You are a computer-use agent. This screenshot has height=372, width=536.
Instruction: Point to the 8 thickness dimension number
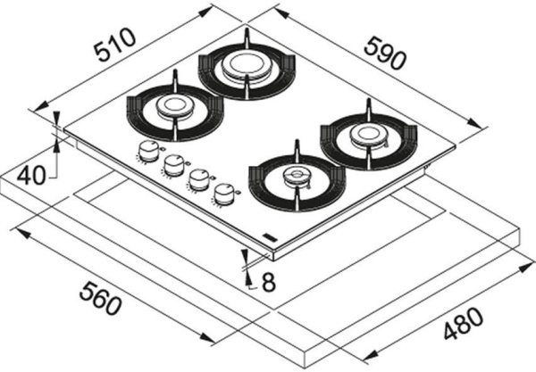pyautogui.click(x=267, y=284)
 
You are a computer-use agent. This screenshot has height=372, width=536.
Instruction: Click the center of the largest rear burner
pyautogui.click(x=246, y=66)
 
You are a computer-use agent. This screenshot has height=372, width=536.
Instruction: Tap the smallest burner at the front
pyautogui.click(x=295, y=176)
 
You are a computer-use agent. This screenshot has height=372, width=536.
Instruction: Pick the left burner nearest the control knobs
pyautogui.click(x=174, y=108)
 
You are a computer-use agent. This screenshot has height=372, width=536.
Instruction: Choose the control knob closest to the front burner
pyautogui.click(x=225, y=191)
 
